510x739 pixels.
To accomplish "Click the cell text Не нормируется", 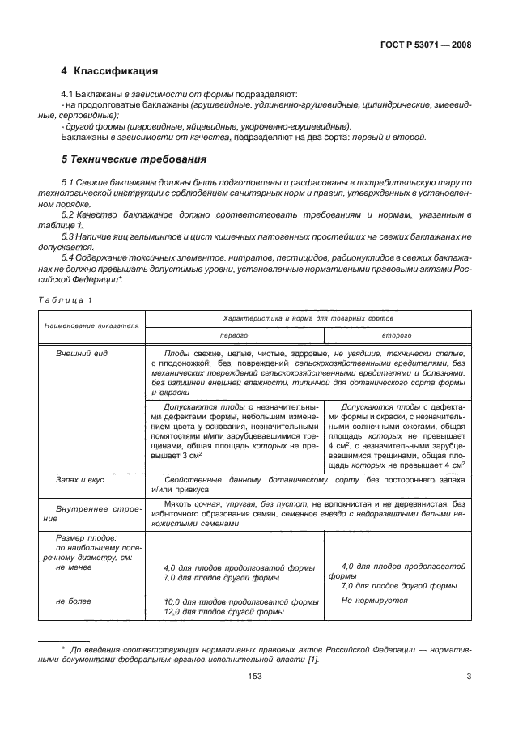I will pyautogui.click(x=374, y=601).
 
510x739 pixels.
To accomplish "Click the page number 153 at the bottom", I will pyautogui.click(x=254, y=677).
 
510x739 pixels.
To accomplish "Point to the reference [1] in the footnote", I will pyautogui.click(x=312, y=660).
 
